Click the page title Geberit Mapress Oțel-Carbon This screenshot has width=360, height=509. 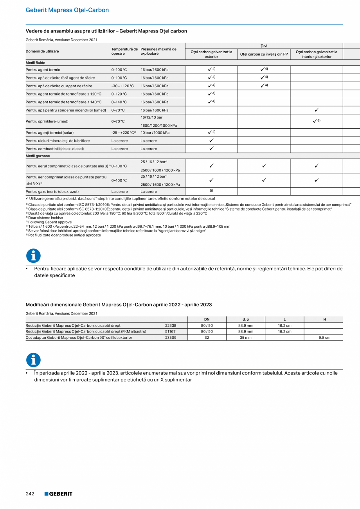click(67, 10)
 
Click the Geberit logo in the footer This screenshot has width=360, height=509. click(58, 494)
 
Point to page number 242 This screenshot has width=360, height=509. click(30, 494)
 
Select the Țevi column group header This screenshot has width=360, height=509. click(264, 46)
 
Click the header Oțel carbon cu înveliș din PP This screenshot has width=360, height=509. click(264, 54)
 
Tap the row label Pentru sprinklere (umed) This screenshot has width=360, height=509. click(47, 121)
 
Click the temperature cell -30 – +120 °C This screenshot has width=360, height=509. click(122, 86)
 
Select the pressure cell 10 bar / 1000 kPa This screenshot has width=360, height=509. click(155, 133)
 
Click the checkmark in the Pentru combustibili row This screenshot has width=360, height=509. click(211, 149)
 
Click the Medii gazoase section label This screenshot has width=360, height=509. click(38, 156)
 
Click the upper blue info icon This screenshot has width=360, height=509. click(33, 256)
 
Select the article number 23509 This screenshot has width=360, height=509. click(171, 337)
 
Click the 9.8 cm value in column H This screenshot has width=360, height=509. click(324, 337)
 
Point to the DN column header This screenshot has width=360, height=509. click(207, 320)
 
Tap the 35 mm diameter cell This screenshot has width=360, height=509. click(245, 337)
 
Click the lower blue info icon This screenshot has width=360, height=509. click(33, 360)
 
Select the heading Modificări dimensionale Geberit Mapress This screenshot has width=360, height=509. click(119, 305)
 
